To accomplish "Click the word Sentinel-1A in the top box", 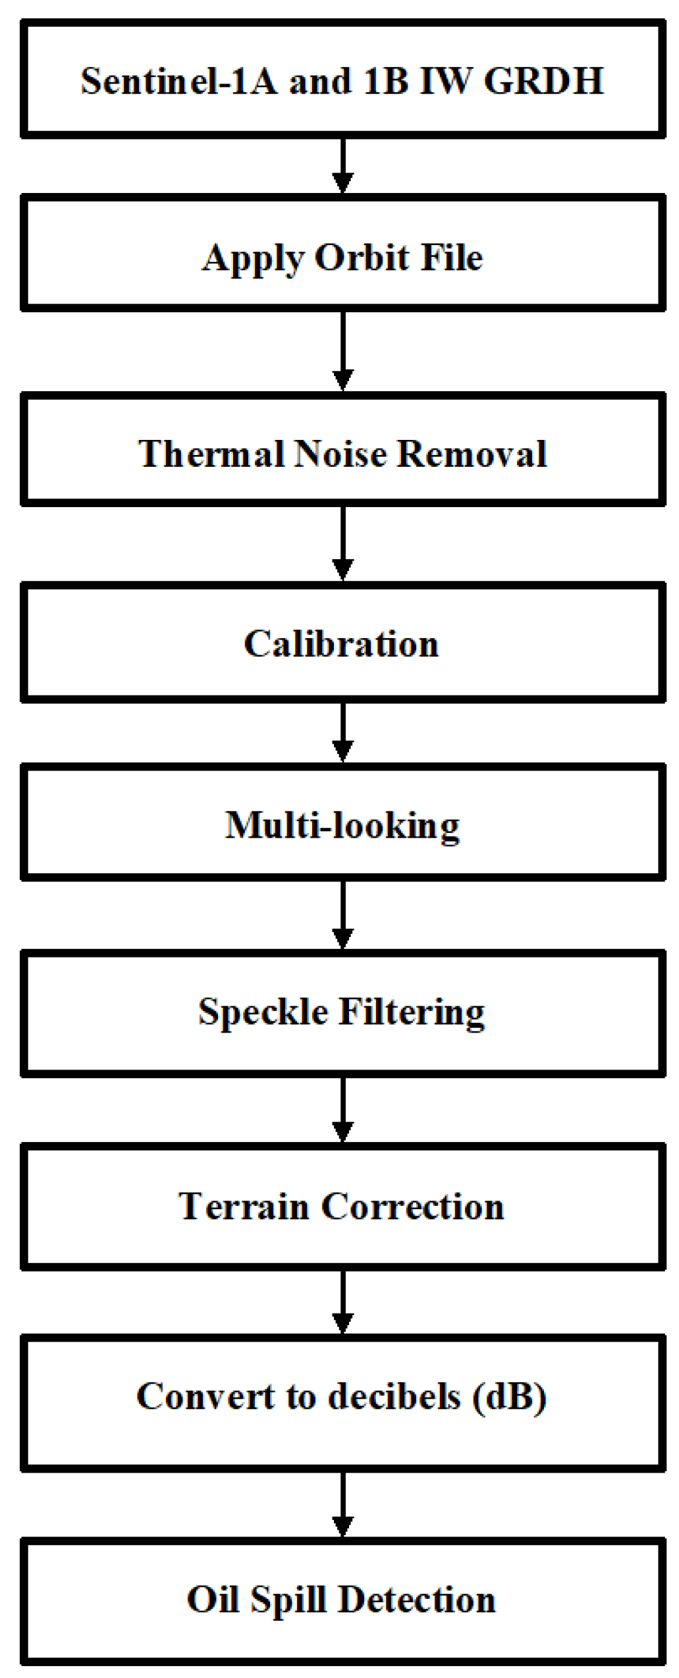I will click(x=179, y=82).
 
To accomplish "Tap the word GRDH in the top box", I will click(x=543, y=82).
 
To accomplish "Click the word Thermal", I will click(x=211, y=454).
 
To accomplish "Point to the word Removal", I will click(x=472, y=454).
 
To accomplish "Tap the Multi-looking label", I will click(x=342, y=825).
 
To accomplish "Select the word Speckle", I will click(x=263, y=1012).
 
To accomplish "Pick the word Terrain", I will click(x=243, y=1206).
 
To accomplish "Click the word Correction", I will click(x=413, y=1206).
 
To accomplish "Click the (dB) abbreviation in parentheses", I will click(x=509, y=1397).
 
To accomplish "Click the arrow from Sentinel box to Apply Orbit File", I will click(x=342, y=166).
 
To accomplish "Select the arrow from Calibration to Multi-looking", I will click(x=342, y=733).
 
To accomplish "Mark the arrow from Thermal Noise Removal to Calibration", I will click(x=342, y=544).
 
